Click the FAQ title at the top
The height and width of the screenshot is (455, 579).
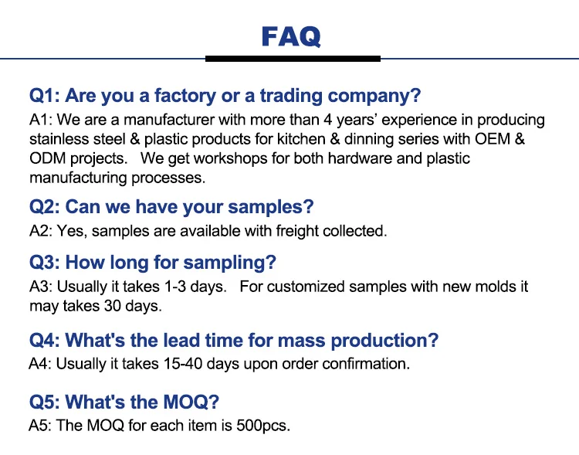[x=291, y=36]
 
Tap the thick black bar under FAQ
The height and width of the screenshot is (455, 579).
[x=293, y=59]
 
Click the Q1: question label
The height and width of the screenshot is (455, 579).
[x=45, y=95]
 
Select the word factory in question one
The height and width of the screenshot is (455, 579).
[x=185, y=96]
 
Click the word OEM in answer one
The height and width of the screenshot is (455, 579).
[x=493, y=139]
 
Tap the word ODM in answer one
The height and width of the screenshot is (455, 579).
[x=47, y=158]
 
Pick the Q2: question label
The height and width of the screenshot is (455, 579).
[x=45, y=206]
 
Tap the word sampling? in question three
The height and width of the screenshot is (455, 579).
[x=230, y=263]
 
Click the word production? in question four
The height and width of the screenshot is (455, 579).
[x=384, y=341]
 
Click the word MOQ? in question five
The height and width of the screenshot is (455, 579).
[x=191, y=402]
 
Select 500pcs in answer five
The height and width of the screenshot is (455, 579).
[x=263, y=426]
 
